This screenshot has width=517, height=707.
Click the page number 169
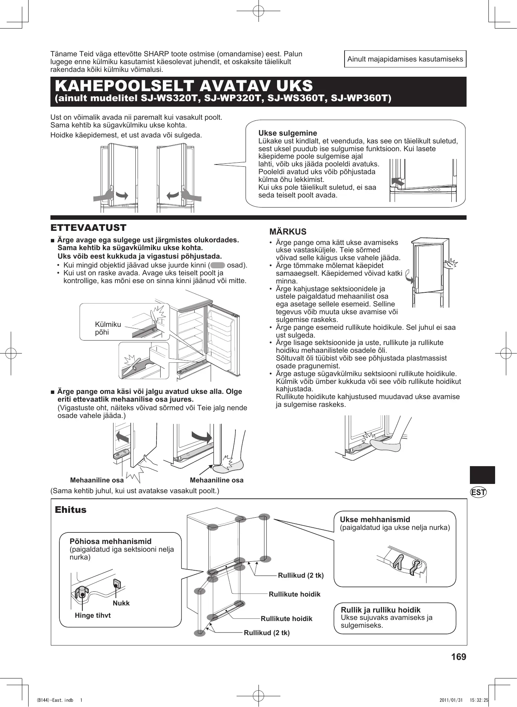(x=458, y=657)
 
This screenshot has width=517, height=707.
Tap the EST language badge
(x=478, y=492)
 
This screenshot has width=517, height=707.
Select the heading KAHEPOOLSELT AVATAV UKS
(x=184, y=86)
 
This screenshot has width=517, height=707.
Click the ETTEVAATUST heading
(x=88, y=228)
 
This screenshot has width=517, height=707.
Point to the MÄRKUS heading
(x=288, y=232)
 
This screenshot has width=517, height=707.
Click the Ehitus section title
(x=70, y=510)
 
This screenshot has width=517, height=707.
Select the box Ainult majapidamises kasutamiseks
(x=405, y=59)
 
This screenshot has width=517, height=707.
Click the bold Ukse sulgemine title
(x=287, y=133)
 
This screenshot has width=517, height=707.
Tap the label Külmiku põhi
(x=108, y=328)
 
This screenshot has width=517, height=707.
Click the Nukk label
(x=121, y=603)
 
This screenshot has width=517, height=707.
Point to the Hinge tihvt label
(x=93, y=615)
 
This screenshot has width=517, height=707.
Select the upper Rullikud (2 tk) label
(x=301, y=575)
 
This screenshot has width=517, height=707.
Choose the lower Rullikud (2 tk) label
(x=267, y=633)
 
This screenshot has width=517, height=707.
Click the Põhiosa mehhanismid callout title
(x=111, y=541)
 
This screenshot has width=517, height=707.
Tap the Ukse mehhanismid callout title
(x=375, y=520)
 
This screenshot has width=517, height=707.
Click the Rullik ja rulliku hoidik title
(x=381, y=610)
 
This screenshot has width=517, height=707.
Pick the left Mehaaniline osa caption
(x=97, y=480)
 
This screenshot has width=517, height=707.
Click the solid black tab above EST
(x=482, y=475)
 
